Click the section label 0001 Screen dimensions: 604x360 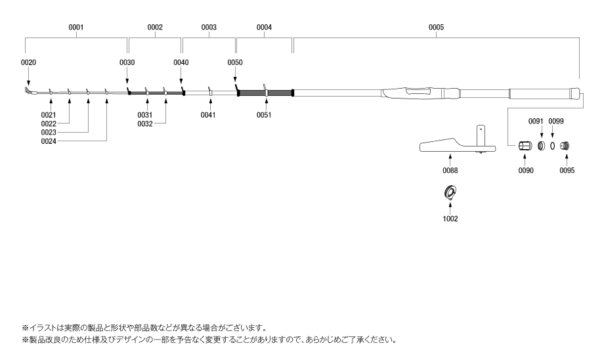[x=76, y=27]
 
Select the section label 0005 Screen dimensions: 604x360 [x=436, y=27]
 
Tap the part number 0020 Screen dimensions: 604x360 [x=28, y=62]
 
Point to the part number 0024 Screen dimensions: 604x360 [x=49, y=141]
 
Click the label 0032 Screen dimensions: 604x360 [x=145, y=124]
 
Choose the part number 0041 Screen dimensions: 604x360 [x=208, y=115]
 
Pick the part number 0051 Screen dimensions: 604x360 [x=264, y=115]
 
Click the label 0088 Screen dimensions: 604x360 [x=450, y=170]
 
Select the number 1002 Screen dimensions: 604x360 [x=450, y=219]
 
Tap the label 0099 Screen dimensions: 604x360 [x=556, y=121]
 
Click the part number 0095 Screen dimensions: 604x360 [x=567, y=170]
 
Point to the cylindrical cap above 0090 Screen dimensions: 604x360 [x=525, y=146]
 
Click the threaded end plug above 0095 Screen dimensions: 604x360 [x=565, y=146]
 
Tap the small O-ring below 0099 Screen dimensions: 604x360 [x=552, y=146]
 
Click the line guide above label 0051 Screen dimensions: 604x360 [x=266, y=90]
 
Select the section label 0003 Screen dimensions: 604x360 [x=209, y=27]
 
